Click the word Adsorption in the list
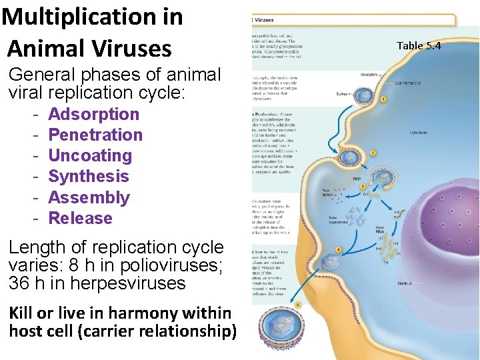93,114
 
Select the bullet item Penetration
95,135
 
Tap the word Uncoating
90,155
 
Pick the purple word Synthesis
89,176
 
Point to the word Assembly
89,197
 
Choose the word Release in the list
80,218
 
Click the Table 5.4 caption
419,45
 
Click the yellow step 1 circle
383,99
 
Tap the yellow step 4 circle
339,250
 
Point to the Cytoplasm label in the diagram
419,133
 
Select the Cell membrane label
407,83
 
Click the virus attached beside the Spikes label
363,95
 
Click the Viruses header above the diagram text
265,20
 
